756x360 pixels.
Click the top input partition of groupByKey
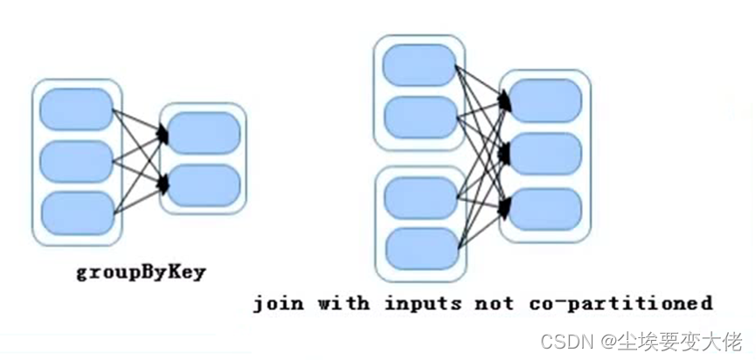click(x=77, y=109)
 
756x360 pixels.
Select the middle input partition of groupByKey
click(x=77, y=162)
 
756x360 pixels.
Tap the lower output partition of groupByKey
click(x=203, y=184)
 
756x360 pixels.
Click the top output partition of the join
click(x=545, y=100)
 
